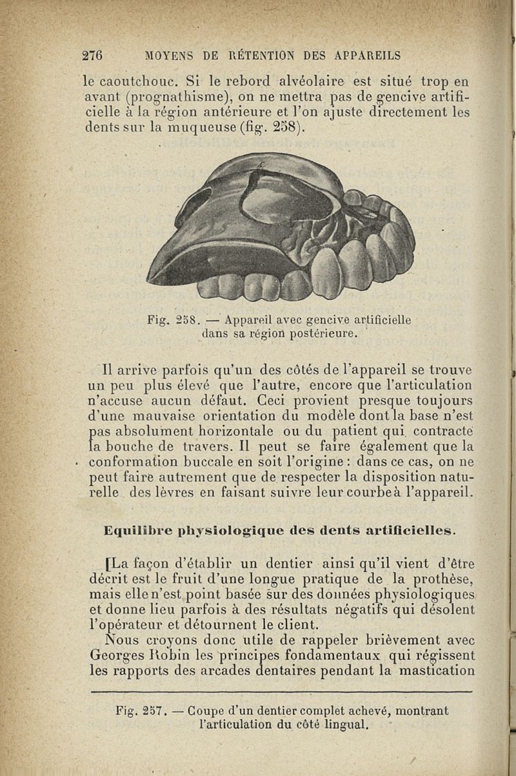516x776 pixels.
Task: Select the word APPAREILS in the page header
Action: click(x=364, y=55)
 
